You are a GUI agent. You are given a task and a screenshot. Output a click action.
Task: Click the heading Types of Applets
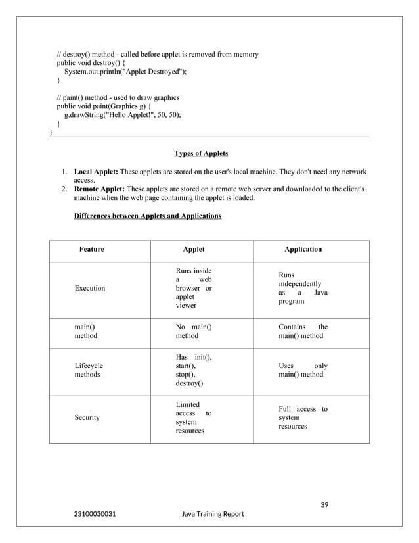click(x=201, y=154)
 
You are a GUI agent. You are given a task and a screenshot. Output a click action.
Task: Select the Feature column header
click(x=91, y=250)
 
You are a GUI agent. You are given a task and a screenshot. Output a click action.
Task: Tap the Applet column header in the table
click(x=193, y=250)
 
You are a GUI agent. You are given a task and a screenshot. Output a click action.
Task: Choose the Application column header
click(x=303, y=250)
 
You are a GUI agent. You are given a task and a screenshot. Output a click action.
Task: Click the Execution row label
click(x=89, y=289)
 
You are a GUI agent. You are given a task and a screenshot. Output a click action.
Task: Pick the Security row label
click(x=87, y=418)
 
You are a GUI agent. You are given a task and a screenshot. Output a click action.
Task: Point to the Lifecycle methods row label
click(x=89, y=370)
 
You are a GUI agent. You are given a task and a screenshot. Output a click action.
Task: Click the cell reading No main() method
click(x=193, y=331)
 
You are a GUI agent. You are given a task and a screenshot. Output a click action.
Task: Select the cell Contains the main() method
click(x=303, y=331)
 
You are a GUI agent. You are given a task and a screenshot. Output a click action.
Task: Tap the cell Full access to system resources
click(x=303, y=418)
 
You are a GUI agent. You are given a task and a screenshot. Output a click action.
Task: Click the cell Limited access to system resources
click(x=193, y=418)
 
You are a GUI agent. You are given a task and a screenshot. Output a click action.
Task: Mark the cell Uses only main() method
click(x=303, y=370)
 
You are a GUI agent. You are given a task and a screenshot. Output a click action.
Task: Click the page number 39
click(x=324, y=505)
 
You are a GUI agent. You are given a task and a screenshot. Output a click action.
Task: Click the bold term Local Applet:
click(x=96, y=172)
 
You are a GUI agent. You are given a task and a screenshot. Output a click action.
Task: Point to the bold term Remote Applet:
click(x=99, y=189)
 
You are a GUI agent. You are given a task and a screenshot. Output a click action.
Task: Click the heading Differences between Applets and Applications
click(x=148, y=216)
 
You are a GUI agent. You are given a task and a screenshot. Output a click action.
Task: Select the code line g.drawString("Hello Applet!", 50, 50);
click(x=122, y=114)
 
